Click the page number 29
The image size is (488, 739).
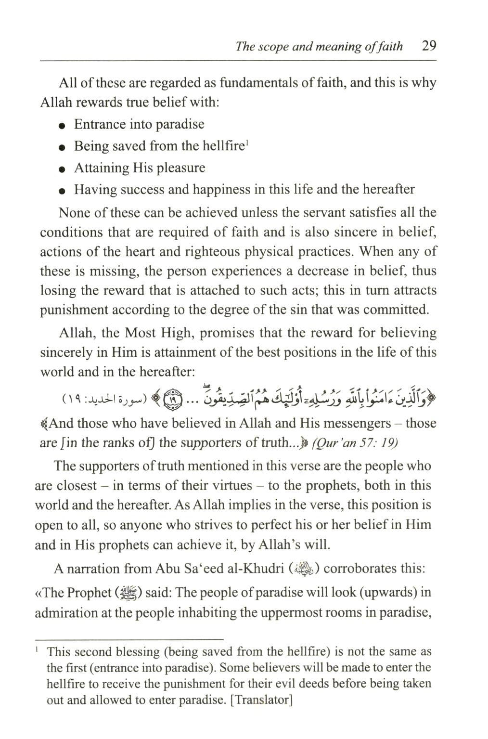click(428, 46)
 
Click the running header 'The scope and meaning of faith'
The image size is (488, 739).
click(319, 47)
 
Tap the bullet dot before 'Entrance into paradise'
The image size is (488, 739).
click(62, 126)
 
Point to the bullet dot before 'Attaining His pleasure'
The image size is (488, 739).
click(62, 169)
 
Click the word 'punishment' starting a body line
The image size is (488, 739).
click(74, 310)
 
